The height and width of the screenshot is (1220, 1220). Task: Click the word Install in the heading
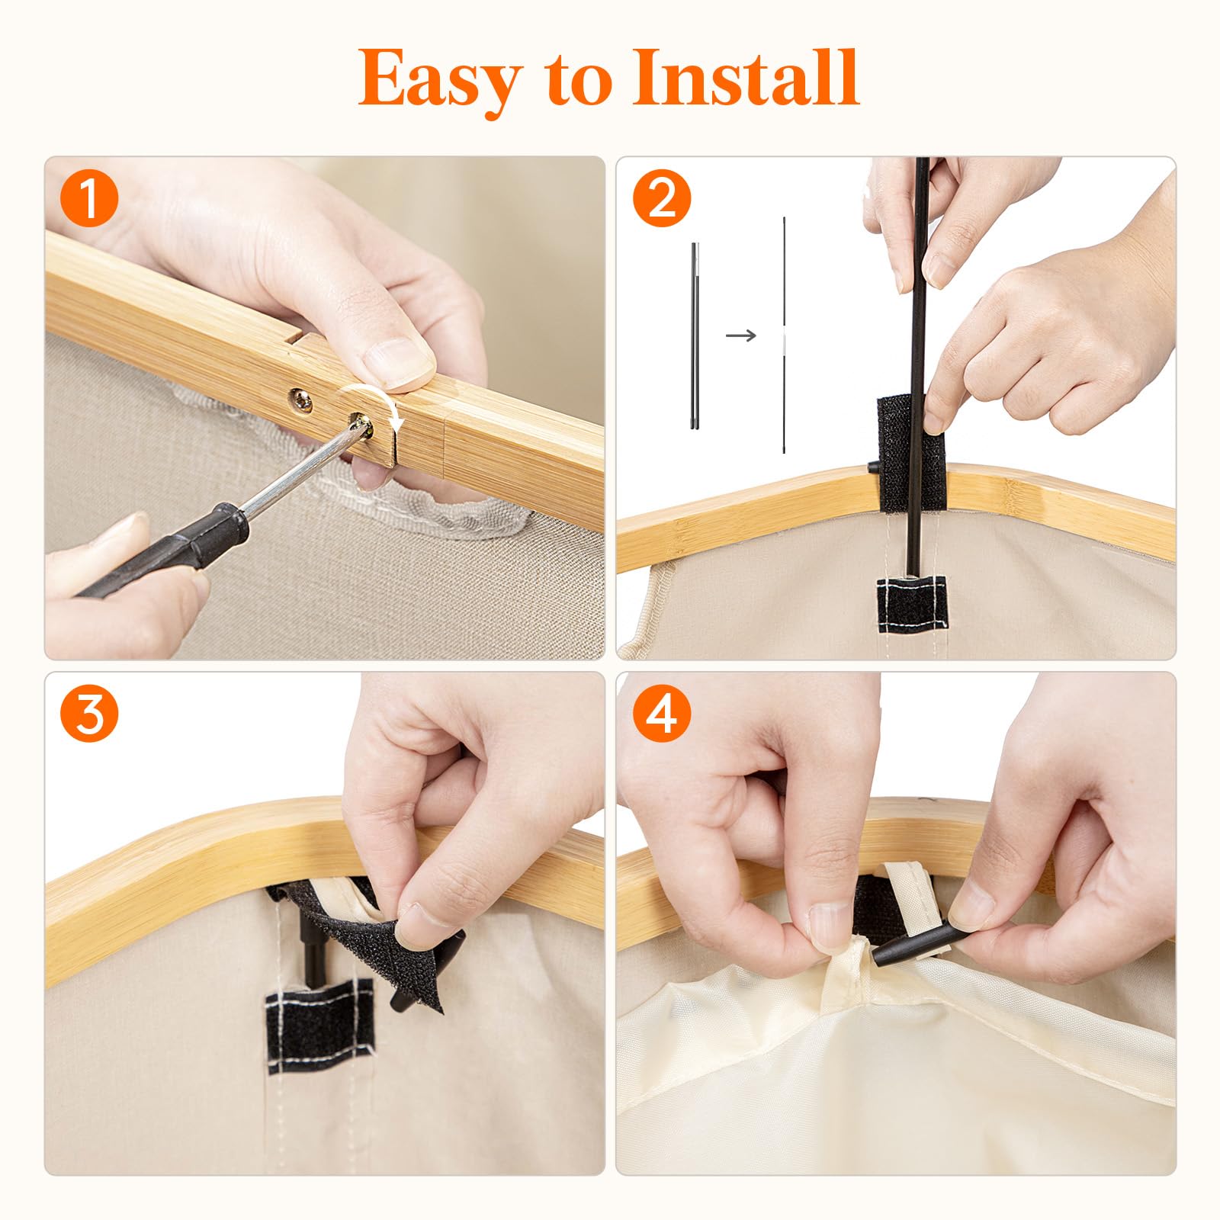pyautogui.click(x=746, y=77)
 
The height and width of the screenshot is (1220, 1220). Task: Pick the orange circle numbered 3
pyautogui.click(x=89, y=715)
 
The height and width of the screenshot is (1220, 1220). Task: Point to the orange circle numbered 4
pyautogui.click(x=662, y=715)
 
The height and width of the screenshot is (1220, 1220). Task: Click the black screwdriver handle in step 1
pyautogui.click(x=160, y=550)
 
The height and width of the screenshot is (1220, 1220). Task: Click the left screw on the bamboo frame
pyautogui.click(x=300, y=399)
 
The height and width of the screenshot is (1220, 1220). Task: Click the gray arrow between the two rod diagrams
pyautogui.click(x=740, y=335)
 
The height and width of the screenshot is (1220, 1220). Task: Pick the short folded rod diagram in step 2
pyautogui.click(x=695, y=335)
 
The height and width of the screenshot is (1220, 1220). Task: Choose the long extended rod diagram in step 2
pyautogui.click(x=784, y=335)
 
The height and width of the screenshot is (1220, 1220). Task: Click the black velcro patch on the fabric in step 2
pyautogui.click(x=912, y=602)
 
